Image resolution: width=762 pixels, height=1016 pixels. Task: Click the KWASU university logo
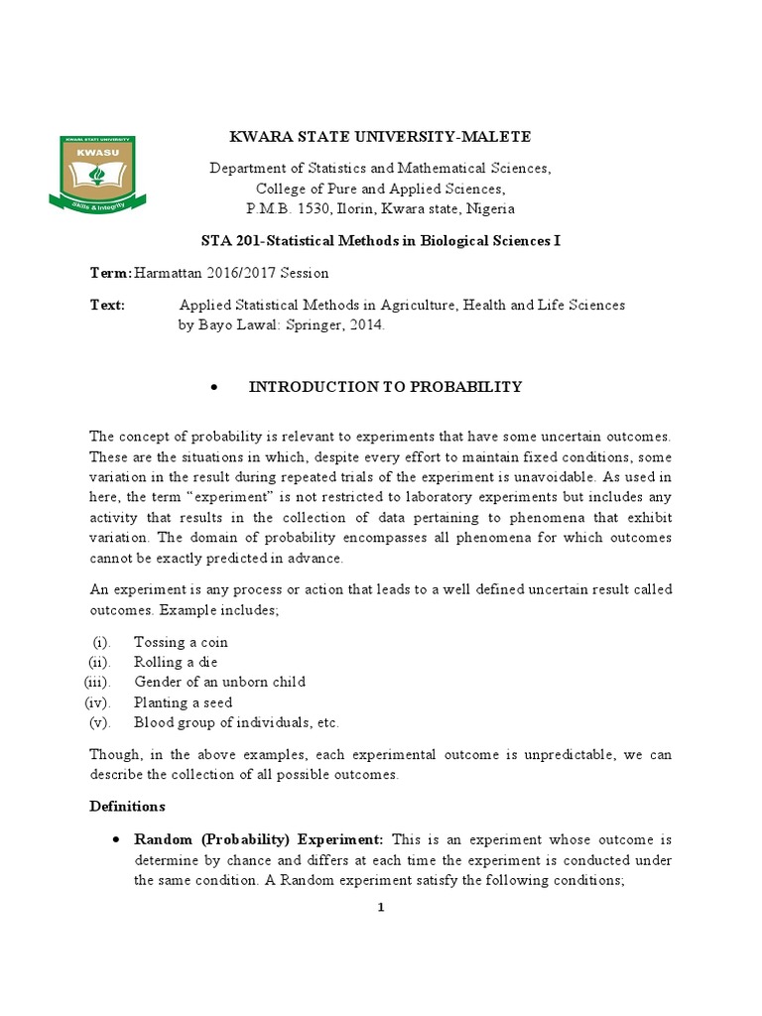(98, 173)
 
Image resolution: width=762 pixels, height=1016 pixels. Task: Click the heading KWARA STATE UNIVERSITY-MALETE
(380, 137)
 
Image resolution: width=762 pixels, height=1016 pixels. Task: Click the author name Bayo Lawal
(235, 324)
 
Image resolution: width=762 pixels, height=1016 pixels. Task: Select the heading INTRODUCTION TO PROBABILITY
(385, 387)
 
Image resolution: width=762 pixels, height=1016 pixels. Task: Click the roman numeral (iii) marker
(97, 682)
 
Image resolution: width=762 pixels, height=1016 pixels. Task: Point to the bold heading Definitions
(128, 806)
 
